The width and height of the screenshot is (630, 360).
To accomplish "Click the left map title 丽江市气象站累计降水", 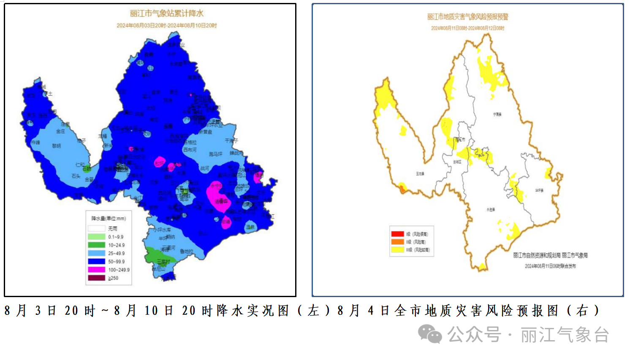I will tap(166, 14).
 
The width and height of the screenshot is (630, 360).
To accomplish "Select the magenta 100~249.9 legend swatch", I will tap(96, 270).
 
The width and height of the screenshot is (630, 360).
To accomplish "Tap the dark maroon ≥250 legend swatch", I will tap(96, 278).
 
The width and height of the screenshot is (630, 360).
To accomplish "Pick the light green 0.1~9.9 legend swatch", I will tap(96, 237).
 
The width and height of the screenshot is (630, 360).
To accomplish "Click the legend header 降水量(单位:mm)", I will tap(109, 219).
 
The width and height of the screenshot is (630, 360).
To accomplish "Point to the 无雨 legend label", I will tap(112, 228).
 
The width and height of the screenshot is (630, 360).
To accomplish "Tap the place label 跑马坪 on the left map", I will tap(215, 154).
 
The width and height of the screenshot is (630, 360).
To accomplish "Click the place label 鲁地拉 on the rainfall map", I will tap(186, 251).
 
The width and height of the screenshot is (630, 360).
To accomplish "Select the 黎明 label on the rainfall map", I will tap(56, 146).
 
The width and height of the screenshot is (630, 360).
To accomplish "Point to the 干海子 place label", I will tap(231, 141).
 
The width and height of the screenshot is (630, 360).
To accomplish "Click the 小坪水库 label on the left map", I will tap(162, 230).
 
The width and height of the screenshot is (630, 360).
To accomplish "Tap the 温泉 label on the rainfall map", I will tap(250, 227).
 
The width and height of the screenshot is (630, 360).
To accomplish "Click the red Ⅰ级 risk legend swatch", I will tap(397, 234).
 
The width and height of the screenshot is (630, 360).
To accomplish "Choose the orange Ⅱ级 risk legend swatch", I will tap(397, 242).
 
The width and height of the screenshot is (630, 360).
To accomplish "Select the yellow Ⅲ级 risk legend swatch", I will tap(397, 250).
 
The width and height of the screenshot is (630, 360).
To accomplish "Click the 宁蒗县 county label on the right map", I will tap(497, 114).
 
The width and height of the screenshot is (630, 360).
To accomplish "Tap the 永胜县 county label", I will tap(490, 209).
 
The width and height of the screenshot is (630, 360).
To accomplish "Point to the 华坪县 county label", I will tap(539, 190).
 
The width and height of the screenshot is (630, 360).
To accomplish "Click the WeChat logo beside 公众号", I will tap(429, 334).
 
